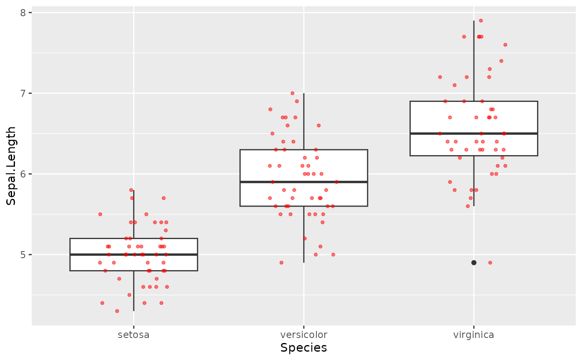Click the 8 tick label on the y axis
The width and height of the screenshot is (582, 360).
click(x=23, y=12)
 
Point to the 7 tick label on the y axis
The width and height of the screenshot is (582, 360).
click(x=23, y=93)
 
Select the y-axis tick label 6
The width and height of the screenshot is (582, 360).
click(x=23, y=174)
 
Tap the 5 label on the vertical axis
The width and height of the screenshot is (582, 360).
click(x=23, y=254)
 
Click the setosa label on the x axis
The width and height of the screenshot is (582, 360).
click(x=133, y=335)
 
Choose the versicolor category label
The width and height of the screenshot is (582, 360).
click(x=303, y=335)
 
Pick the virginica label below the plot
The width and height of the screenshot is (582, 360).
click(x=473, y=335)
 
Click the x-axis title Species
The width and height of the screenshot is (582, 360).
click(x=303, y=348)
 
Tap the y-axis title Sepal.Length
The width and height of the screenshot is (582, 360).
click(x=11, y=166)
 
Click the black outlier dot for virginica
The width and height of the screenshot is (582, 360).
click(x=473, y=262)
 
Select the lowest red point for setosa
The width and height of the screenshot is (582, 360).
click(x=117, y=311)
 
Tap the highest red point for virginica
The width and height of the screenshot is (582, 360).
click(x=481, y=20)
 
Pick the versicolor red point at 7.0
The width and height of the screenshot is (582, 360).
click(x=292, y=93)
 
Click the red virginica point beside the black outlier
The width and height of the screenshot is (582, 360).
click(x=490, y=262)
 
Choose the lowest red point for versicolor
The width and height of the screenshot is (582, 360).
click(x=281, y=262)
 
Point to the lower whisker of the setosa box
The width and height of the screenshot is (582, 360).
click(x=133, y=291)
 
